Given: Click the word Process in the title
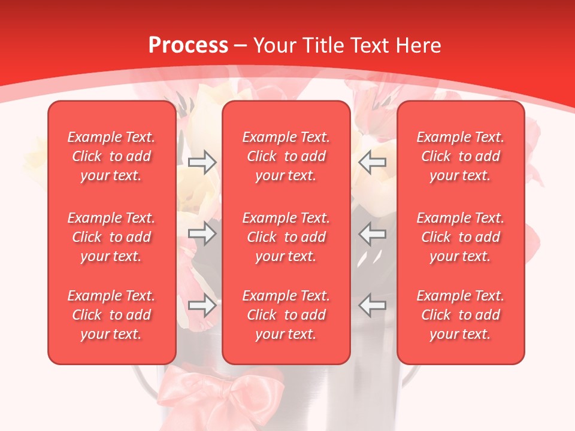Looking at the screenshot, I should point(188,45).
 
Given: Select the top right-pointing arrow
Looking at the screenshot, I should point(202,162).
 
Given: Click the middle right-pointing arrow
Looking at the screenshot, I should point(202,233).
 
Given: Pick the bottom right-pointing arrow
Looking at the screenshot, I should point(202,306).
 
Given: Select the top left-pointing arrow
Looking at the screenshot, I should point(373,162).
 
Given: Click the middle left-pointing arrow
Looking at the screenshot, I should point(373,233).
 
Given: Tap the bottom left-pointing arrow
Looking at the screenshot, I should point(373,306).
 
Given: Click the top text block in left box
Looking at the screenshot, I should point(111,156).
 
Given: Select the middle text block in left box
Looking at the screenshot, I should point(111,237).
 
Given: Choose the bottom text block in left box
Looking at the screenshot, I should point(111,315).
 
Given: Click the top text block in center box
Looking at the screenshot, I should point(286,156).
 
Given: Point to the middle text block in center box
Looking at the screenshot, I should point(286,237).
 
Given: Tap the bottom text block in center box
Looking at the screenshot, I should point(286,315).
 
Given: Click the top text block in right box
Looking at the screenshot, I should point(461,156).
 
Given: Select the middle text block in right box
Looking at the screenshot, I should point(461,237).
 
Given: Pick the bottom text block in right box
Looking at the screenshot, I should point(461,315).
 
